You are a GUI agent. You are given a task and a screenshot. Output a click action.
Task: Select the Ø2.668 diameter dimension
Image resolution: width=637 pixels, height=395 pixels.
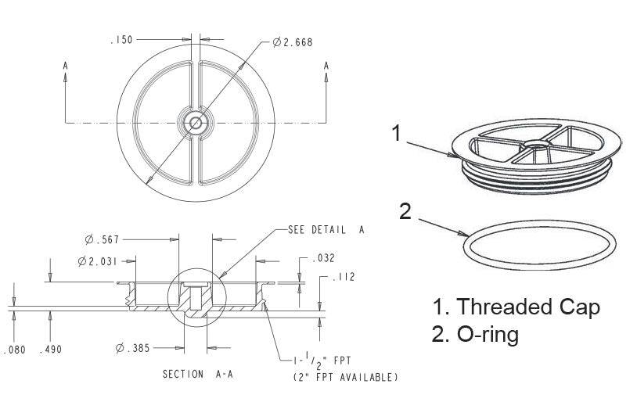coord(293,42)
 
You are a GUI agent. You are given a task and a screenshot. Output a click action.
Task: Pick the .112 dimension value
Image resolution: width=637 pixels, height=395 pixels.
coord(344,276)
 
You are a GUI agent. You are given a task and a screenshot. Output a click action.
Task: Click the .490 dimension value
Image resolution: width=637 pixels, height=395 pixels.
coord(51,349)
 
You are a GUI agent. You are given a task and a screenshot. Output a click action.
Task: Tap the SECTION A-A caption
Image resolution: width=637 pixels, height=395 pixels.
coord(197,374)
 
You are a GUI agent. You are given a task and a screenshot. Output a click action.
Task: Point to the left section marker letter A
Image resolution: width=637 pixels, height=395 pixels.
coord(66,66)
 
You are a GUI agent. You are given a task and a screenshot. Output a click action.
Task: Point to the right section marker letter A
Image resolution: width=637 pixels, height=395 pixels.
coord(326,66)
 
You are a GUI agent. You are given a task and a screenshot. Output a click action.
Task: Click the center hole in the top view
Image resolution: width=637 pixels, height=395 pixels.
coord(196,122)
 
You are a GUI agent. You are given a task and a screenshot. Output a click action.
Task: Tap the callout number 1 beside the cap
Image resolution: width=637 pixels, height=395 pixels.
coord(398,133)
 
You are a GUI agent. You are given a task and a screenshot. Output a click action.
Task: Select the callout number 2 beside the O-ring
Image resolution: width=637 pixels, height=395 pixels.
coord(405,211)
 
